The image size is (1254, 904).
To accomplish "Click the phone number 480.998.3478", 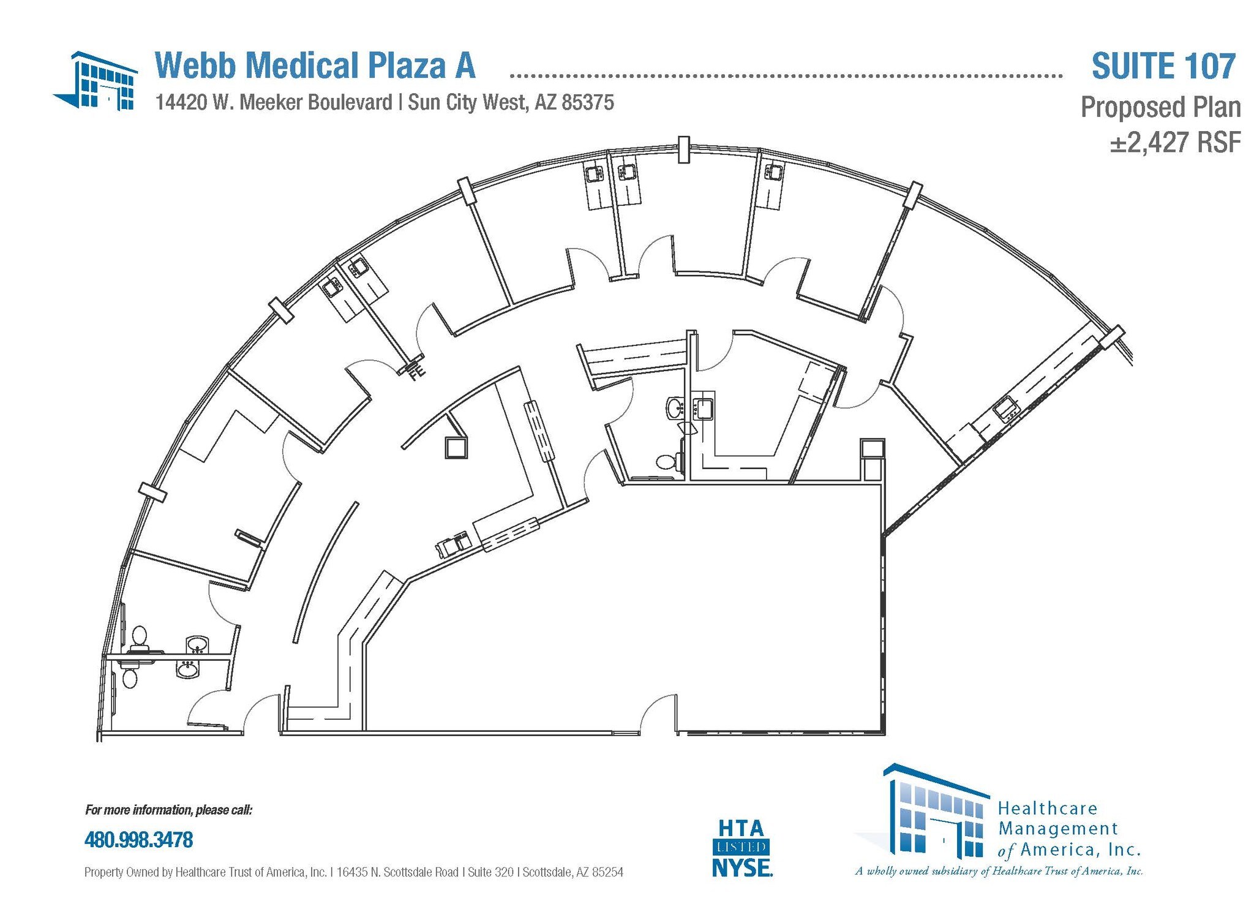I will pyautogui.click(x=138, y=840).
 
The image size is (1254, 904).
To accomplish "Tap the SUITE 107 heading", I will pyautogui.click(x=1163, y=67).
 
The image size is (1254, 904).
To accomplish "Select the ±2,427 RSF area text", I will pyautogui.click(x=1175, y=143).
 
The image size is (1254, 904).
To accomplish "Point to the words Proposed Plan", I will pyautogui.click(x=1160, y=107).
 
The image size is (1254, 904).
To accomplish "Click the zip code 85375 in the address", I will pyautogui.click(x=587, y=102).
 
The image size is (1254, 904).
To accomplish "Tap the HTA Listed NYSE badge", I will pyautogui.click(x=742, y=848).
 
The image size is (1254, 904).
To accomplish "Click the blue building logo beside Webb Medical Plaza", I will pyautogui.click(x=97, y=81).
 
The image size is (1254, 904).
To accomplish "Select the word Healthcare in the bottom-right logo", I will pyautogui.click(x=1048, y=808).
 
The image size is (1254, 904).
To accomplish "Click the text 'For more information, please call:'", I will pyautogui.click(x=168, y=810).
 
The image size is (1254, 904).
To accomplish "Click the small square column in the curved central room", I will pyautogui.click(x=456, y=448).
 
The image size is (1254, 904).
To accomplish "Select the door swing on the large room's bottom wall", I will pyautogui.click(x=658, y=714).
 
